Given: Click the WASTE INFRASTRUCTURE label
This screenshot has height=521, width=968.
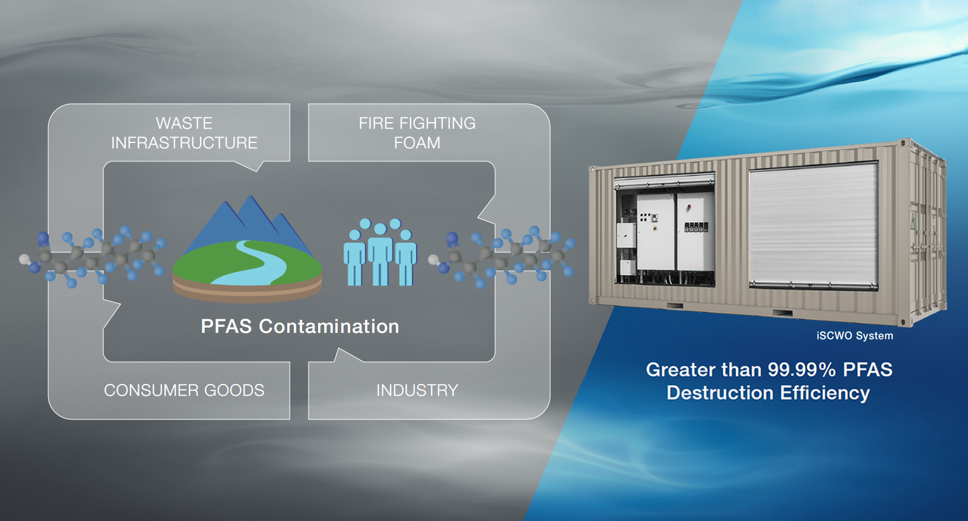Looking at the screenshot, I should tap(184, 133).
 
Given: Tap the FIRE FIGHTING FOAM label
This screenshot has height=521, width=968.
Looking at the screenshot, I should tap(417, 133).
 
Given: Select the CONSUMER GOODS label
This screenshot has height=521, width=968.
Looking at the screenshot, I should tap(184, 390).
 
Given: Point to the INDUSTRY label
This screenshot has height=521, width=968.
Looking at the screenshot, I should tap(417, 390).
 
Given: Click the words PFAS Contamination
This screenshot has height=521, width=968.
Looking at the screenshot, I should tap(300, 326).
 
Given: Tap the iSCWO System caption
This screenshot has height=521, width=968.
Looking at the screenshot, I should tap(854, 336).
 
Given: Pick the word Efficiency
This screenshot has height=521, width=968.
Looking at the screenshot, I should tap(825, 393).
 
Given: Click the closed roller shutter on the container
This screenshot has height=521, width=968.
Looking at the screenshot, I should tap(813, 225).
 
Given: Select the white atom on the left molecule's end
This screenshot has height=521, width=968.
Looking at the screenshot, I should tap(24, 259).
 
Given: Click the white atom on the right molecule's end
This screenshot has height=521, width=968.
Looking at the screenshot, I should tap(433, 259).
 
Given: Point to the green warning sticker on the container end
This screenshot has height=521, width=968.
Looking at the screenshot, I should tap(913, 223).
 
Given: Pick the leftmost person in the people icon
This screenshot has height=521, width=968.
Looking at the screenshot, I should tap(354, 258).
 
